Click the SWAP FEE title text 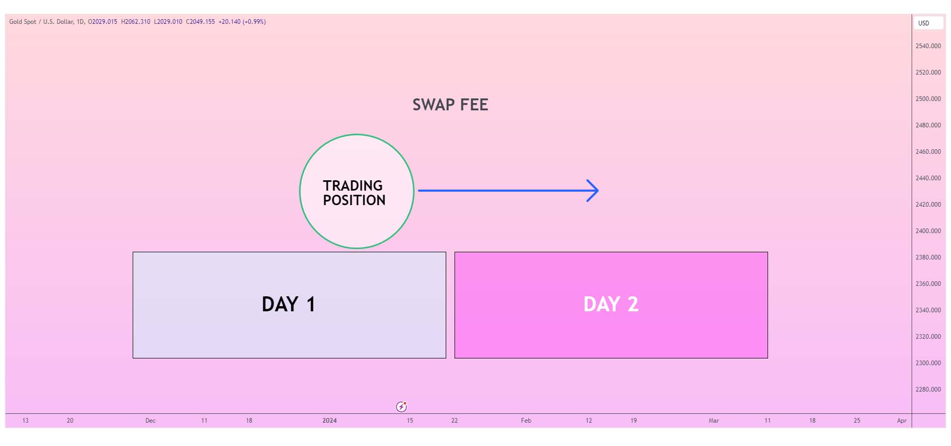click(x=450, y=105)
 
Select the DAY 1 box click(x=289, y=305)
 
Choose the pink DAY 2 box click(x=611, y=305)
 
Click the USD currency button click(x=928, y=23)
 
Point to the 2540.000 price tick click(x=928, y=46)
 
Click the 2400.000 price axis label click(x=928, y=231)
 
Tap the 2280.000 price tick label click(x=928, y=390)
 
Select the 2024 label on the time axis click(x=330, y=421)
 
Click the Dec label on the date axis click(x=150, y=421)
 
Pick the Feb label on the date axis click(x=526, y=421)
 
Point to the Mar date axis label click(x=714, y=421)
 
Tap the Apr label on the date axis click(x=902, y=421)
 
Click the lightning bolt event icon click(x=402, y=407)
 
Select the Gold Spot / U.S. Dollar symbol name click(x=41, y=22)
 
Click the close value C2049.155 click(x=200, y=22)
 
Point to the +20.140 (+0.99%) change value click(x=242, y=22)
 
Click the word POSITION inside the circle click(x=354, y=200)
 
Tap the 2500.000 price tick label click(x=928, y=99)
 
